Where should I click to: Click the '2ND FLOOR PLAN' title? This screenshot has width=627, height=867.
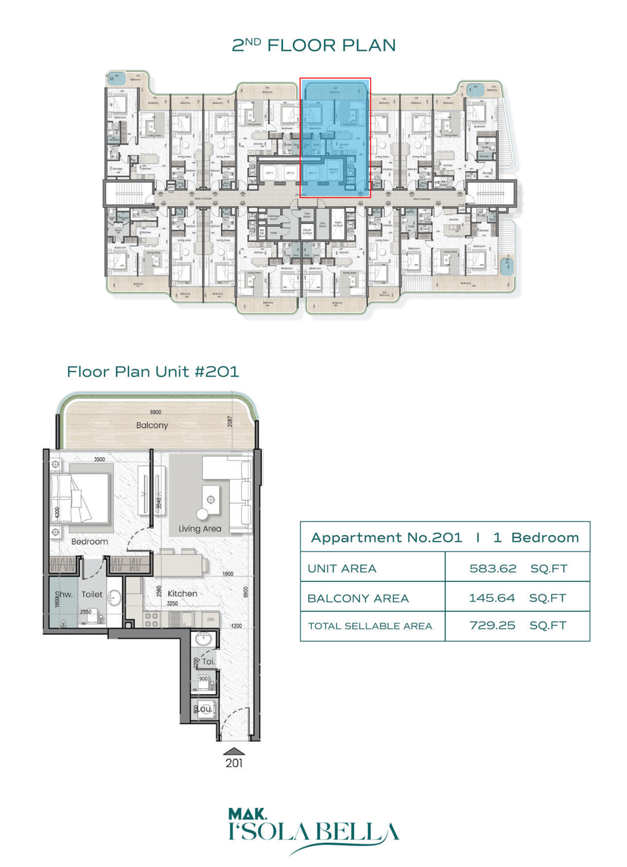[x=313, y=45]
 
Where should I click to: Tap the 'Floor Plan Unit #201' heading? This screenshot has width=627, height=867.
[x=153, y=371]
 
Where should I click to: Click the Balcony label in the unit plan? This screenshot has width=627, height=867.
[x=152, y=425]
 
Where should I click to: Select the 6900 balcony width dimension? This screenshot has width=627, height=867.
[x=155, y=412]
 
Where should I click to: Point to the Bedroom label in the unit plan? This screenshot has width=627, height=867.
[x=89, y=541]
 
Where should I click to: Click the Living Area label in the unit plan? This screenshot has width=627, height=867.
[x=200, y=529]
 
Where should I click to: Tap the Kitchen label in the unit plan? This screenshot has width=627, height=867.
[x=182, y=594]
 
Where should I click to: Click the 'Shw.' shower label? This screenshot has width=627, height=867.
[x=63, y=595]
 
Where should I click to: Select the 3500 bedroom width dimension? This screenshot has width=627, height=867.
[x=99, y=459]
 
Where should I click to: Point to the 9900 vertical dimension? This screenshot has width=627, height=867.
[x=246, y=592]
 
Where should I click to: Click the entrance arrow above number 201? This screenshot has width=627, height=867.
[x=234, y=751]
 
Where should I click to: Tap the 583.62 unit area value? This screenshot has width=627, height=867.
[x=492, y=569]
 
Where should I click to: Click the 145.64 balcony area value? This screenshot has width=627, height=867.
[x=492, y=598]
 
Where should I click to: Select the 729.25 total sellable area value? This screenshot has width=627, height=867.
[x=492, y=626]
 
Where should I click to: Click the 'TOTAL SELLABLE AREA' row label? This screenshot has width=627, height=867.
[x=370, y=626]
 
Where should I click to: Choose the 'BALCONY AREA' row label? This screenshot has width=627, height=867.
[x=358, y=598]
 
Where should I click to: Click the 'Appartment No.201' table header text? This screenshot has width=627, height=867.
[x=386, y=537]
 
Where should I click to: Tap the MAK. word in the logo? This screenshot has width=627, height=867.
[x=247, y=814]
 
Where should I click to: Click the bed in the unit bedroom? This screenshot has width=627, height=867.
[x=79, y=498]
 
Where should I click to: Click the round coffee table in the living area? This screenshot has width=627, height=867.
[x=202, y=514]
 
